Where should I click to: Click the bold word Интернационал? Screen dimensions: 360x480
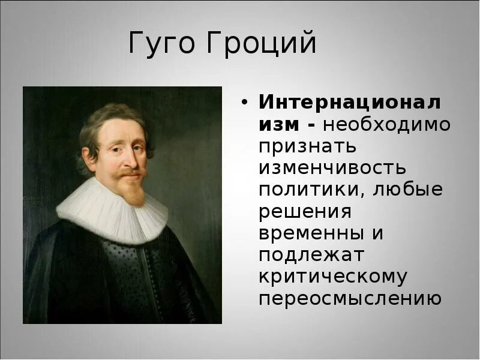350,102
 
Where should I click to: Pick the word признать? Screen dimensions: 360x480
308,146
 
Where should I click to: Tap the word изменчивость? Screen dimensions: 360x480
332,168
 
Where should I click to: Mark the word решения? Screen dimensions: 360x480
305,212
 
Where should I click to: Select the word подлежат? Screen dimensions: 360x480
311,256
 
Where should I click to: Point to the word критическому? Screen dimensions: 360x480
333,277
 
